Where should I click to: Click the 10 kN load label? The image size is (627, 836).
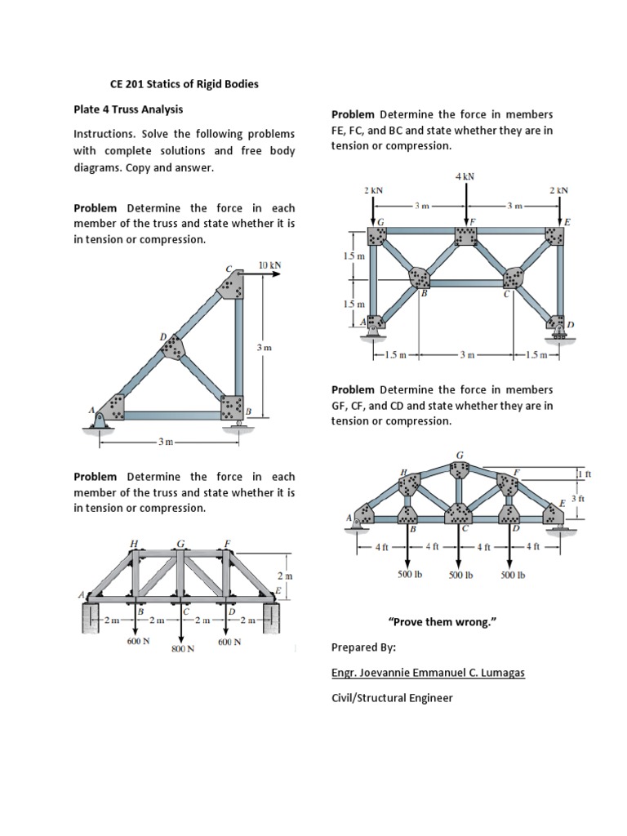pyautogui.click(x=269, y=265)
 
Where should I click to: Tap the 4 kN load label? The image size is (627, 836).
pyautogui.click(x=465, y=176)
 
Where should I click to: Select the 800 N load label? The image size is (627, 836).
pyautogui.click(x=183, y=649)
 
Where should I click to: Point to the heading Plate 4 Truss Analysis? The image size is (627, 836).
pyautogui.click(x=128, y=109)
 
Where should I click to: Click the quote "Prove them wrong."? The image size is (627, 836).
pyautogui.click(x=445, y=622)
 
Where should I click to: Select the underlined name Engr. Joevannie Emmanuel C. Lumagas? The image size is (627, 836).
pyautogui.click(x=428, y=673)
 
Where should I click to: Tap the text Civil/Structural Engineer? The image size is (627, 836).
pyautogui.click(x=392, y=698)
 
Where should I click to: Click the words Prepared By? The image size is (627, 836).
pyautogui.click(x=363, y=647)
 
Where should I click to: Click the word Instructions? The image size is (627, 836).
pyautogui.click(x=104, y=134)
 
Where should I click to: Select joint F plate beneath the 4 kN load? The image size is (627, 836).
pyautogui.click(x=466, y=236)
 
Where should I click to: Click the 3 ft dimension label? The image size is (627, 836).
pyautogui.click(x=578, y=498)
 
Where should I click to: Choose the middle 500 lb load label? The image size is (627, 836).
pyautogui.click(x=460, y=575)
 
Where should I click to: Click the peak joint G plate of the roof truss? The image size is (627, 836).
pyautogui.click(x=460, y=470)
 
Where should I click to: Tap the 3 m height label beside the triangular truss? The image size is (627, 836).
pyautogui.click(x=264, y=348)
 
